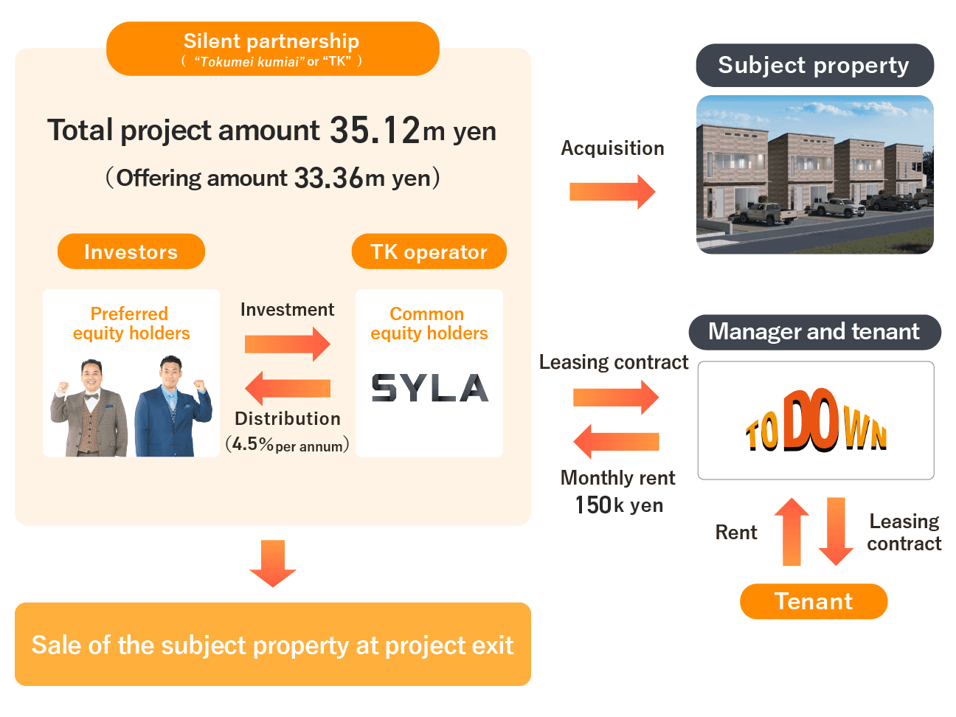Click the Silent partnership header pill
[272, 48]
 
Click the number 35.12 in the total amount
[375, 131]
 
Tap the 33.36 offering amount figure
[328, 178]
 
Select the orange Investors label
[131, 252]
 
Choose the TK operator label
[429, 252]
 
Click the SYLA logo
[429, 387]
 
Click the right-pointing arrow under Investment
[288, 344]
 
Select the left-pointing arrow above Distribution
[287, 388]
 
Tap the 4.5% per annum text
[288, 445]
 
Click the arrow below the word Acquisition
[612, 192]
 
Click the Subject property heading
[814, 65]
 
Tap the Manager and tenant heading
[814, 332]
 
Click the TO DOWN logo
[816, 421]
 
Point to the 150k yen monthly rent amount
[619, 505]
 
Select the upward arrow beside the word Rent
[792, 531]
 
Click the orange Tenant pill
[813, 601]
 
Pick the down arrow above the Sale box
[273, 563]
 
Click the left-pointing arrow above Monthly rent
[616, 441]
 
